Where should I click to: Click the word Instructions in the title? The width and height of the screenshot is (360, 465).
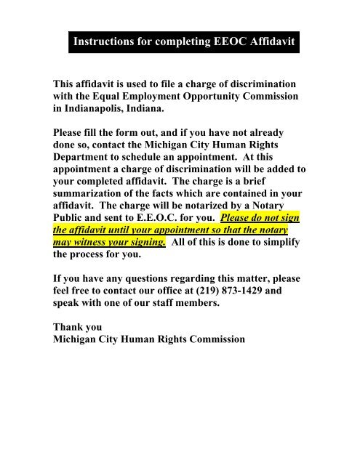pyautogui.click(x=110, y=45)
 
